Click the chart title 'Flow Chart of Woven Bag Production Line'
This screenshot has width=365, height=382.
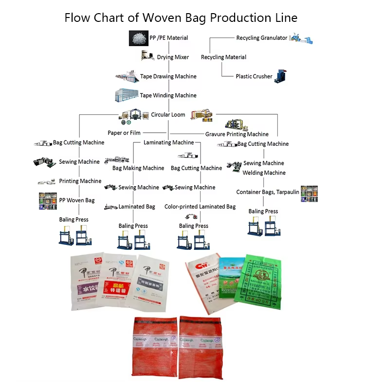[x=181, y=18]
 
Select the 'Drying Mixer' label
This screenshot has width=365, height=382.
[x=173, y=57]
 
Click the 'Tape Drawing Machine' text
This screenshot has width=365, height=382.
[x=168, y=76]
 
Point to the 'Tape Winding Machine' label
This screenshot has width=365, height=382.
[x=168, y=95]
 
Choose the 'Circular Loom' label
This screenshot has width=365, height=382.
[x=168, y=115]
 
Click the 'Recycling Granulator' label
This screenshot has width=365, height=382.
[x=262, y=38]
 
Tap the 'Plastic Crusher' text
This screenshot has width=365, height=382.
[x=254, y=76]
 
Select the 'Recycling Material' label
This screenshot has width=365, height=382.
[x=224, y=57]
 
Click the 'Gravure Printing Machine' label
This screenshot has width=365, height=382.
[x=237, y=134]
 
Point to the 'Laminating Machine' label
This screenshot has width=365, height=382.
[x=168, y=142]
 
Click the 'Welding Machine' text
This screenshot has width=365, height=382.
[x=264, y=173]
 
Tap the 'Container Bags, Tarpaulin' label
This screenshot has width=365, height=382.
[x=268, y=192]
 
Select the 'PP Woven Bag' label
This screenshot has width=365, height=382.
[x=77, y=200]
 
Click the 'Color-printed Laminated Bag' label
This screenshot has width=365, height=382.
[x=200, y=207]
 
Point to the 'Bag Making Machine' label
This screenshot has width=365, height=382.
[x=138, y=168]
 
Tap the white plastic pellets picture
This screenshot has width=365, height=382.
[x=138, y=38]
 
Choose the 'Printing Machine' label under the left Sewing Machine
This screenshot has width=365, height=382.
[x=80, y=181]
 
